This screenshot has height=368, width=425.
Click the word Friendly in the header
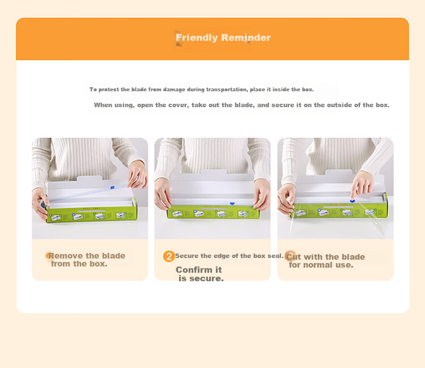pyautogui.click(x=197, y=38)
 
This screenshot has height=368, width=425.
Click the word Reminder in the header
pyautogui.click(x=246, y=37)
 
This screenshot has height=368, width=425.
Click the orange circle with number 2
pyautogui.click(x=169, y=256)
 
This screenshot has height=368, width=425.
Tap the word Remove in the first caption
pyautogui.click(x=66, y=256)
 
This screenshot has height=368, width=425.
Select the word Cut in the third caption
pyautogui.click(x=294, y=257)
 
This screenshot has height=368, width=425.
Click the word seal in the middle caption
pyautogui.click(x=275, y=256)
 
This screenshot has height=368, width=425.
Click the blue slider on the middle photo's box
pyautogui.click(x=232, y=203)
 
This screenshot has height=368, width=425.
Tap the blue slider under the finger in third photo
pyautogui.click(x=352, y=201)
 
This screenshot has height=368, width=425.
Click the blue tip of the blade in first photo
pyautogui.click(x=112, y=187)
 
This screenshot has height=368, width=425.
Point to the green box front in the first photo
pyautogui.click(x=92, y=214)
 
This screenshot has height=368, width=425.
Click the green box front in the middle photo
pyautogui.click(x=212, y=213)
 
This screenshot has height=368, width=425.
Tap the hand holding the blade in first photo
pyautogui.click(x=138, y=174)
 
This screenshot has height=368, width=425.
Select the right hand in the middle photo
pyautogui.click(x=262, y=194)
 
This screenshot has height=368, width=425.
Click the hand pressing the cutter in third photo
pyautogui.click(x=362, y=185)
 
